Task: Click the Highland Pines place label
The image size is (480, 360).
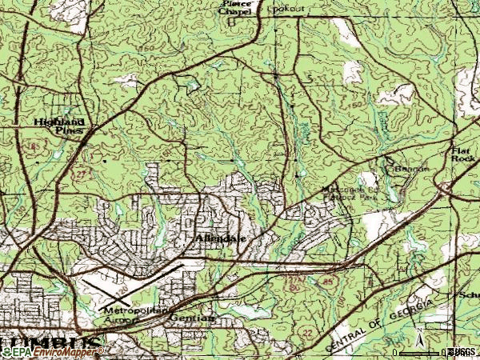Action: [x=59, y=127]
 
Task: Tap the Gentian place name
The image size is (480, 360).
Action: [x=192, y=318]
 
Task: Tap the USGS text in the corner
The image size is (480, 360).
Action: [x=463, y=352]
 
